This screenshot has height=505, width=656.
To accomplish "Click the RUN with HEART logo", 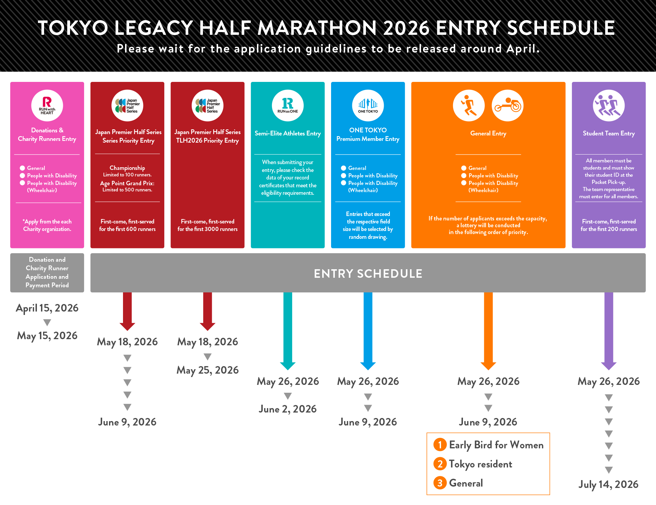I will [47, 105].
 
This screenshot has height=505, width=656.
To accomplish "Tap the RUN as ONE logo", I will [288, 105].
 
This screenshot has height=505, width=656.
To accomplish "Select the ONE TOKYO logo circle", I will [368, 105].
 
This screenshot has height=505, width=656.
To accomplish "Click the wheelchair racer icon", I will [507, 105].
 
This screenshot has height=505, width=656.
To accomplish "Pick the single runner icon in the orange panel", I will [469, 105].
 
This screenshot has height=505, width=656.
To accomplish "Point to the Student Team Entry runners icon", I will [609, 105].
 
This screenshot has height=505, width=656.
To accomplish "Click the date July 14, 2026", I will [609, 484].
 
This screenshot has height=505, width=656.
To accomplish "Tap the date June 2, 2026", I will [288, 409].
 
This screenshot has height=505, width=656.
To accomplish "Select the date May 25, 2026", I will [207, 370].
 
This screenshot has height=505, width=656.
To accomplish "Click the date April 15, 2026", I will [47, 308].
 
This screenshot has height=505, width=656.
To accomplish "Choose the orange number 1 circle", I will [440, 445].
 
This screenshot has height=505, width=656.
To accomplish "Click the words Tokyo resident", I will [480, 464].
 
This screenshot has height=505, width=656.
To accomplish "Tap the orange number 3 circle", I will [440, 483].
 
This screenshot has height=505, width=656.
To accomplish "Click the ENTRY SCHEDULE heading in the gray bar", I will [368, 273].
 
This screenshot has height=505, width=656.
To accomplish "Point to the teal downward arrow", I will [288, 331].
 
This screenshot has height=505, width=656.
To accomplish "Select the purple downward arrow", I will [609, 331].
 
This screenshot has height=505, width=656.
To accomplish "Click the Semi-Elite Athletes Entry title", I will [288, 133].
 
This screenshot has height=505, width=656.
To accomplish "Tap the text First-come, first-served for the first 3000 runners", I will [207, 225].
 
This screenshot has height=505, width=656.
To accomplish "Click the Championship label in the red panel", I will [127, 168].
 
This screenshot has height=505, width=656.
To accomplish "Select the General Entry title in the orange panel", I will [488, 133].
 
